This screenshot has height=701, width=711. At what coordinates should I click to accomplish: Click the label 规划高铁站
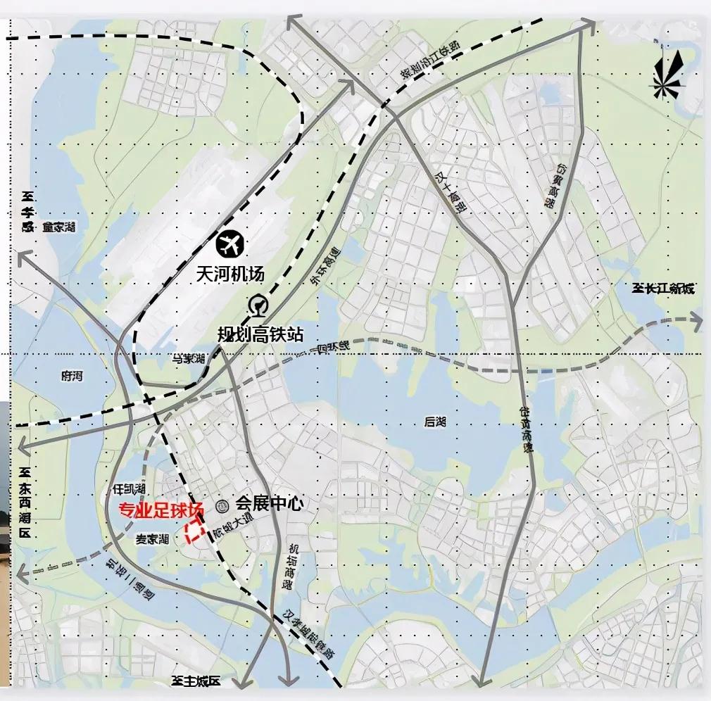click(260, 334)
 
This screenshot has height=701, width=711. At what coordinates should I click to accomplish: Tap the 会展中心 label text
click(269, 504)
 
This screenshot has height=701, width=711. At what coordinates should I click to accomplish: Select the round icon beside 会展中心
click(222, 505)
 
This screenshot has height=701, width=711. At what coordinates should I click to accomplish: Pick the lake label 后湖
click(436, 422)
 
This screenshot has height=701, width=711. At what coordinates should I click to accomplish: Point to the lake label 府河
click(72, 377)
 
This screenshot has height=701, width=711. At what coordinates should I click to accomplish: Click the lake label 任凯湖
click(128, 488)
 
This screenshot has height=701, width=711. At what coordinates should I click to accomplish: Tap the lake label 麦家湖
click(152, 540)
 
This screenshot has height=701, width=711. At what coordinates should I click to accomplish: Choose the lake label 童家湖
click(58, 227)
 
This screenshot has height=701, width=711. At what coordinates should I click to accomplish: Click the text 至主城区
click(196, 681)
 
